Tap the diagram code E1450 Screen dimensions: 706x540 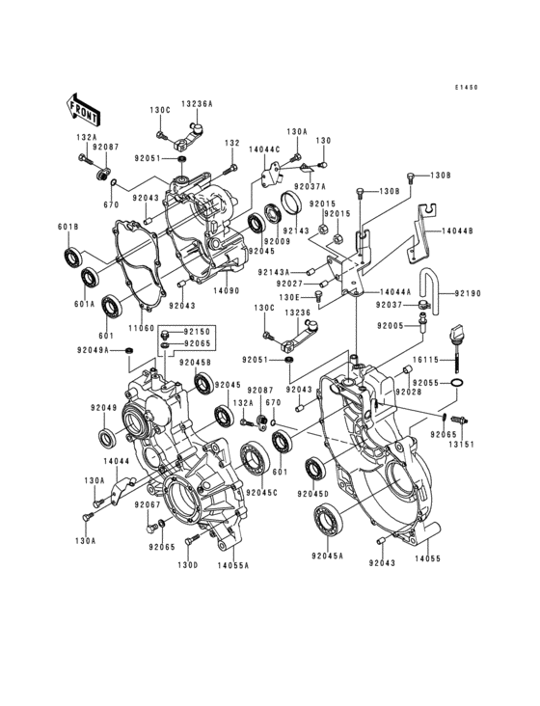tap(467, 88)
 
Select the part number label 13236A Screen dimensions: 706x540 tap(197, 103)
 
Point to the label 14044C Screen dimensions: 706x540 tap(263, 149)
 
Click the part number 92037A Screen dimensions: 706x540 tap(310, 185)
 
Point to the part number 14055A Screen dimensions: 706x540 tap(232, 565)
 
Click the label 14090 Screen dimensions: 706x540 tap(226, 289)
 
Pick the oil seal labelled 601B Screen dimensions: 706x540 tap(72, 258)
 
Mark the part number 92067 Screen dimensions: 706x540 tap(147, 503)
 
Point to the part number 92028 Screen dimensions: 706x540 tap(408, 394)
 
